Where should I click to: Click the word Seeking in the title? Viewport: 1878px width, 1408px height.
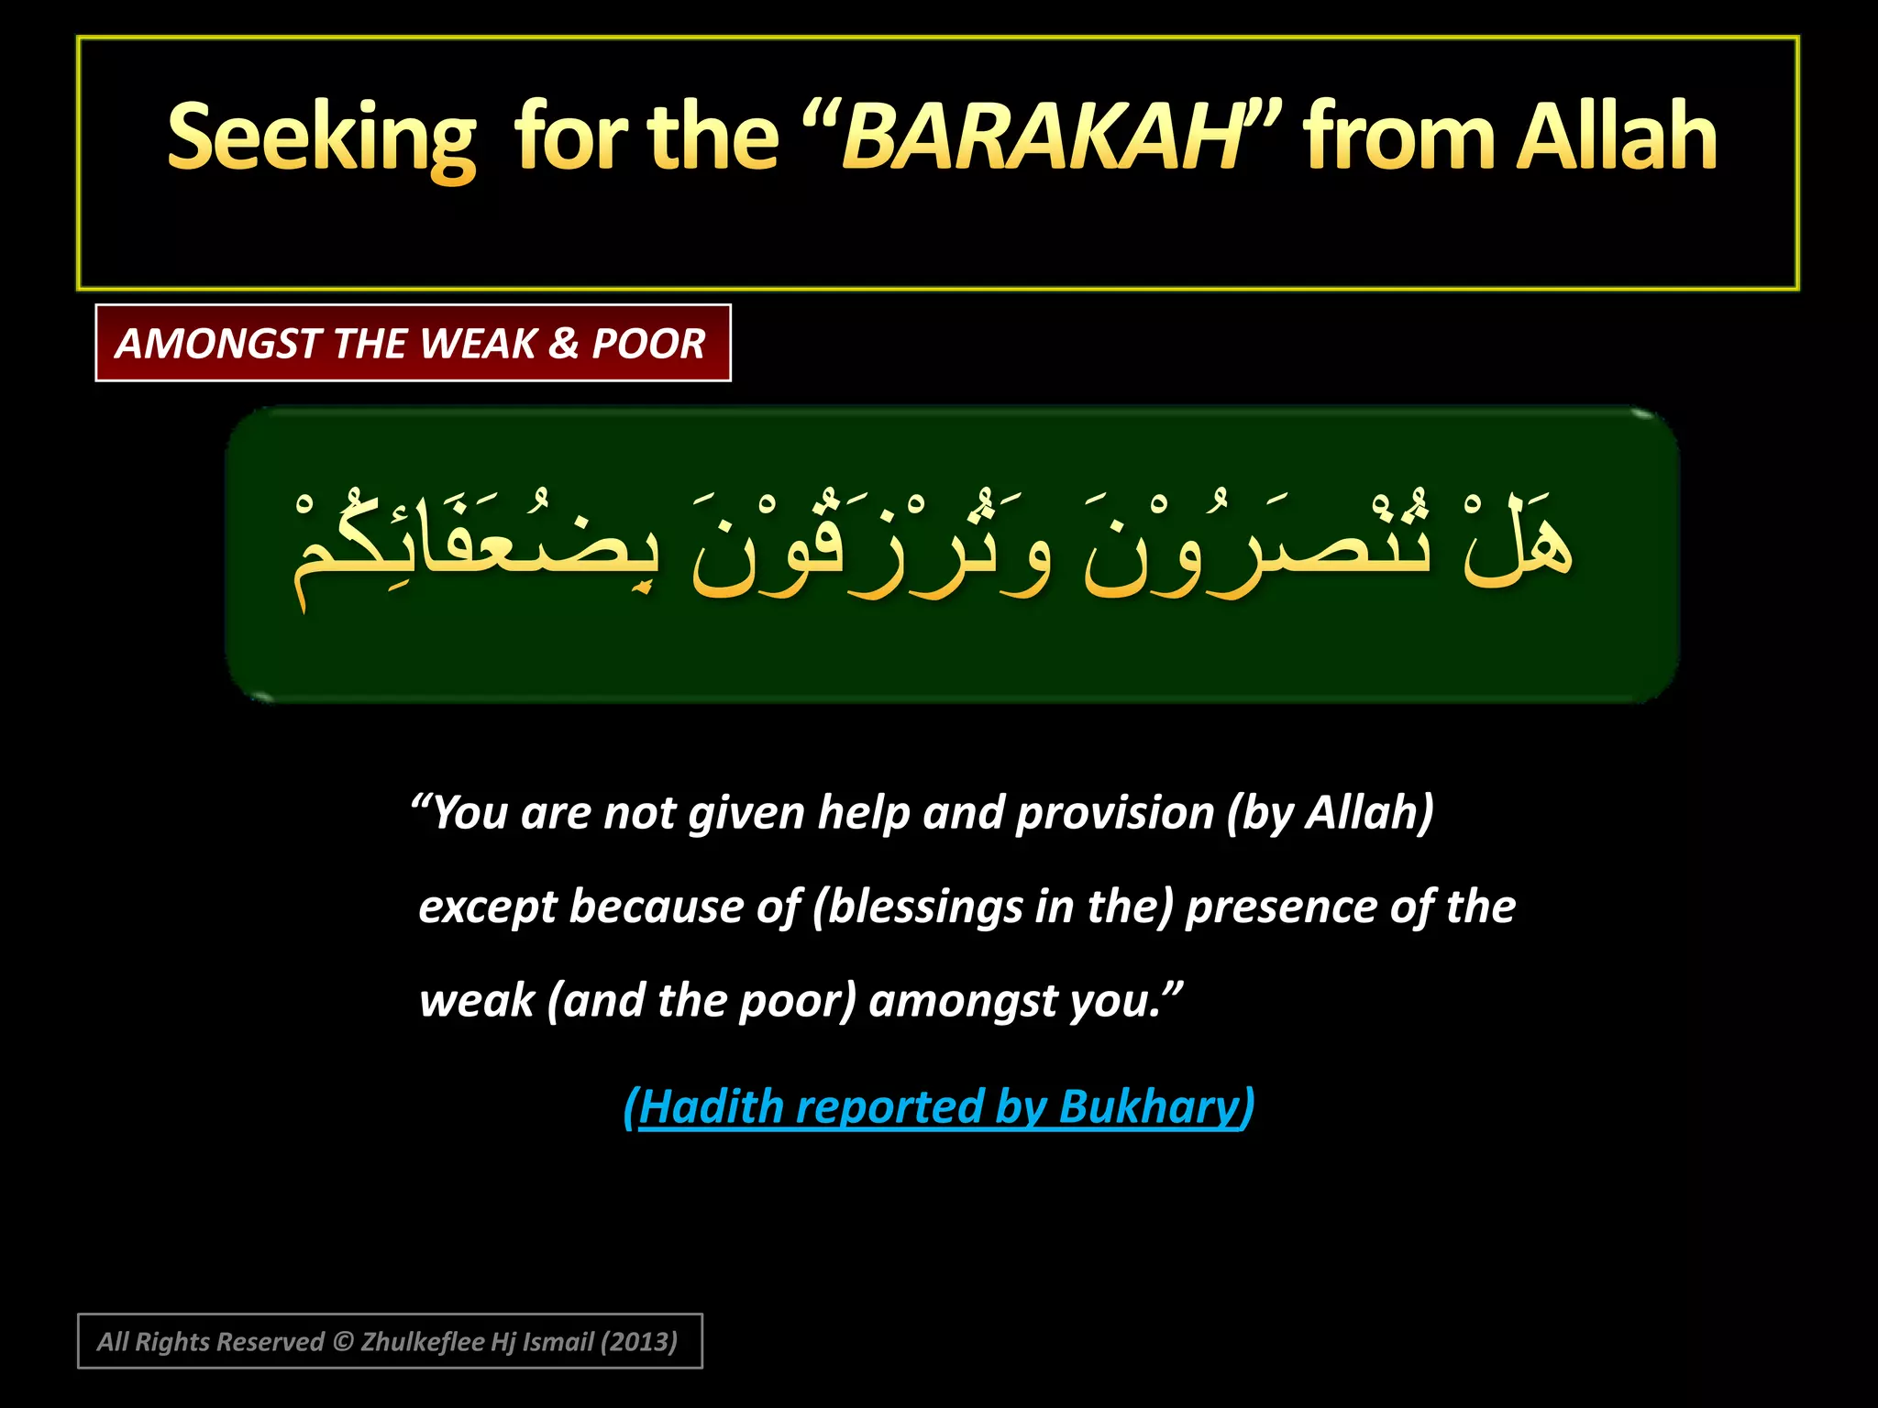[x=322, y=139]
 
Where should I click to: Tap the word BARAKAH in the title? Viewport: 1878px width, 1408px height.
[x=1042, y=139]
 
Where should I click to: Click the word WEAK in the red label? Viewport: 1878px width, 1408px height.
[x=479, y=344]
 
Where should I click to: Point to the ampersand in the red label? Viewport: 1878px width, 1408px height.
[x=564, y=344]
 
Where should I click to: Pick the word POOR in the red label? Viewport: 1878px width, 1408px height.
[x=648, y=344]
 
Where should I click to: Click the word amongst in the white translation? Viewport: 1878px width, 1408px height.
[x=963, y=1000]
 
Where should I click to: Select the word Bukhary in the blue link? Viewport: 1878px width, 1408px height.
[x=1149, y=1106]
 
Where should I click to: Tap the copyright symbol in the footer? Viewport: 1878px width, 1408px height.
[x=343, y=1342]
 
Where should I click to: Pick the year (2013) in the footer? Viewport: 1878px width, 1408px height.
[x=639, y=1342]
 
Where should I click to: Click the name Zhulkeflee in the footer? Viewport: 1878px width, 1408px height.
[x=423, y=1342]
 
